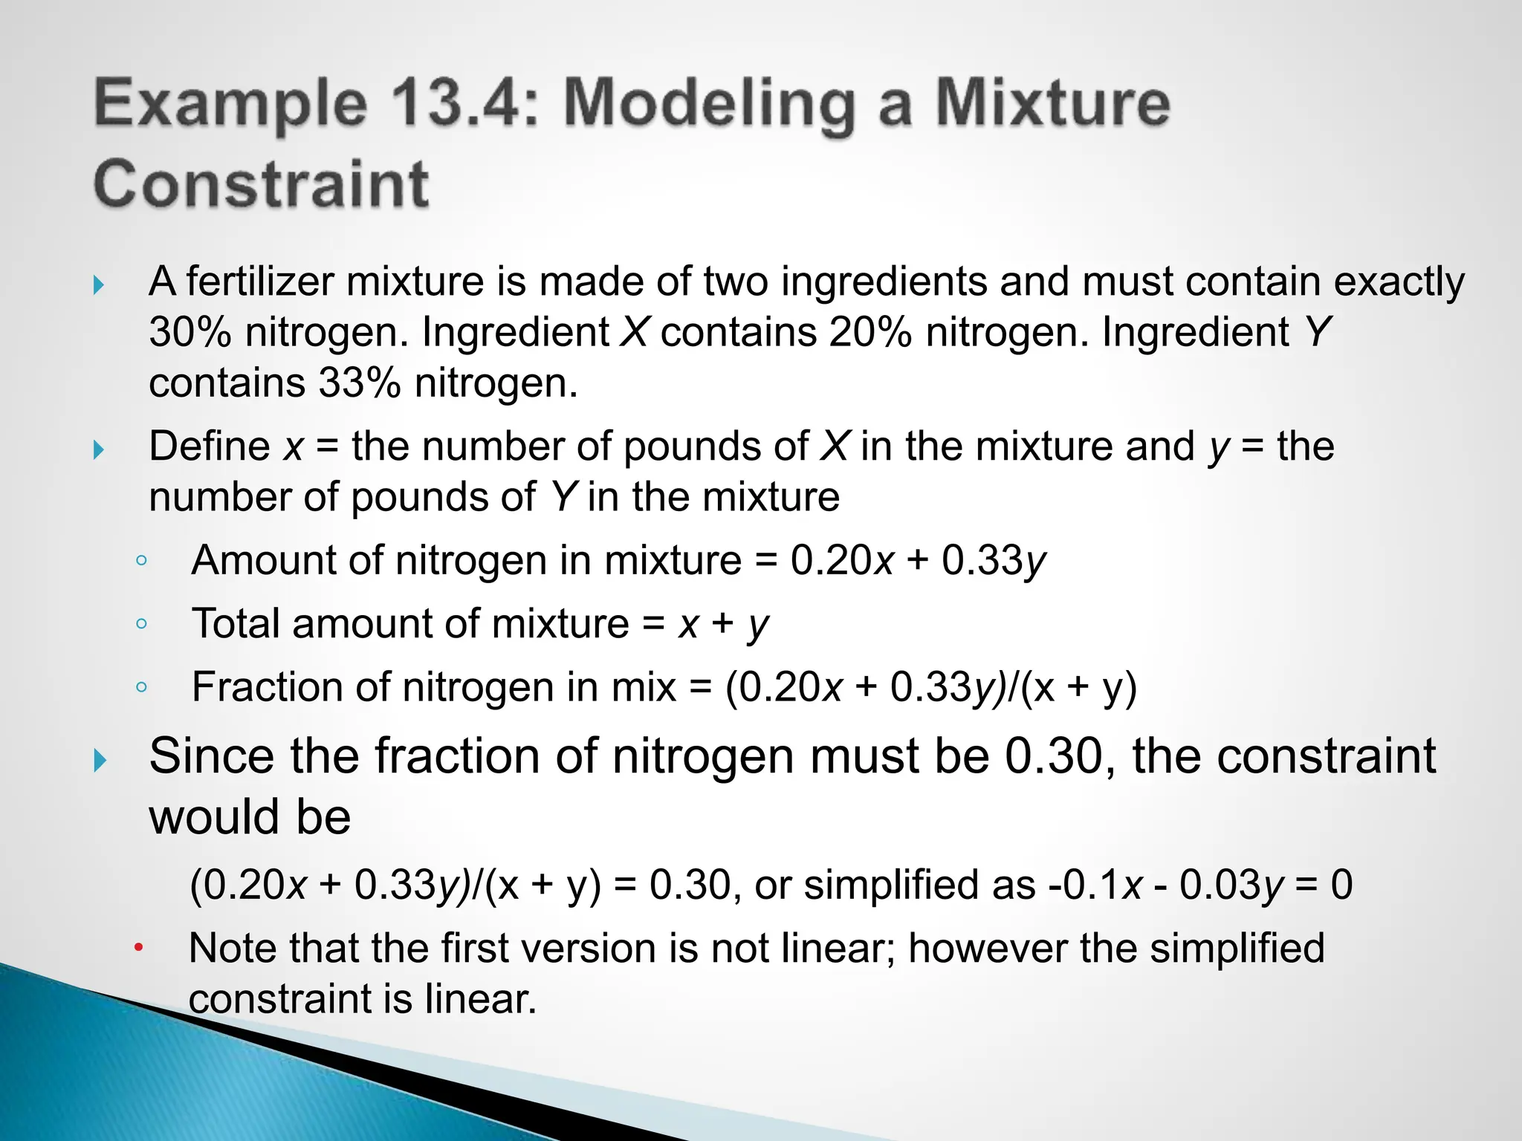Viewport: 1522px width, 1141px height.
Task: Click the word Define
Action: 210,446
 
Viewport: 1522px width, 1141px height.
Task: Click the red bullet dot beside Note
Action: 138,948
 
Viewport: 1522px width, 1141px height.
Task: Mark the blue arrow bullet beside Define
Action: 99,449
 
